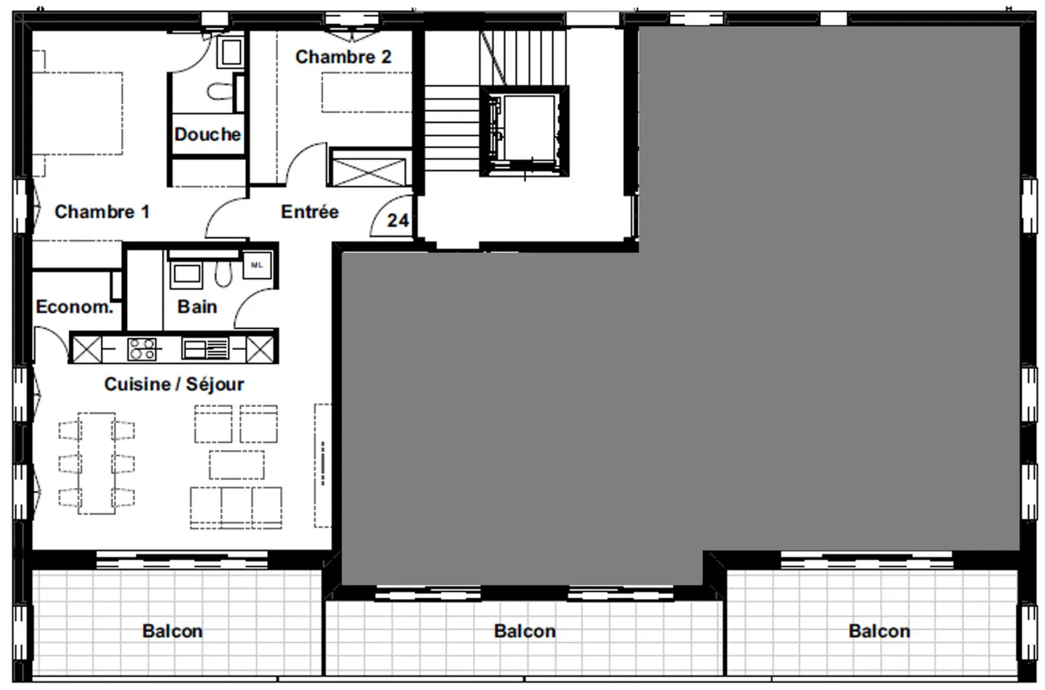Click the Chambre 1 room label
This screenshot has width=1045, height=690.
pyautogui.click(x=102, y=212)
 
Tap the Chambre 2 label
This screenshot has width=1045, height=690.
pyautogui.click(x=343, y=57)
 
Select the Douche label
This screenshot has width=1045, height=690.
pyautogui.click(x=208, y=134)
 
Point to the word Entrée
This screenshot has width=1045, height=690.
pyautogui.click(x=310, y=212)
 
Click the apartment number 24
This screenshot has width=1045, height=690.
pyautogui.click(x=398, y=220)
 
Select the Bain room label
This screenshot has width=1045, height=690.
pyautogui.click(x=197, y=307)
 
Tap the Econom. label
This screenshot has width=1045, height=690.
pyautogui.click(x=74, y=307)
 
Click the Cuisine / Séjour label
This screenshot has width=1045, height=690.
pyautogui.click(x=174, y=384)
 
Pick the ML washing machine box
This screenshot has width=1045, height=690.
pyautogui.click(x=257, y=266)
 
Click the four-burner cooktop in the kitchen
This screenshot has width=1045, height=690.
pyautogui.click(x=142, y=349)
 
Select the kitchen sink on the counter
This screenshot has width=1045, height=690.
pyautogui.click(x=205, y=349)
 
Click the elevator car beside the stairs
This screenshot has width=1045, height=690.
pyautogui.click(x=523, y=131)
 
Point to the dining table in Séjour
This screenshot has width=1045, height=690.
pyautogui.click(x=97, y=463)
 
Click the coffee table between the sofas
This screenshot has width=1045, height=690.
pyautogui.click(x=237, y=464)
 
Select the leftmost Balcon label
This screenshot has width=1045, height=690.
pyautogui.click(x=172, y=631)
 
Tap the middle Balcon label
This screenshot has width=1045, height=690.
pyautogui.click(x=525, y=631)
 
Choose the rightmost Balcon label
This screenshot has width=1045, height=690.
pyautogui.click(x=879, y=631)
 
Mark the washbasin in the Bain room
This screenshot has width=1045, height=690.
pyautogui.click(x=185, y=275)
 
